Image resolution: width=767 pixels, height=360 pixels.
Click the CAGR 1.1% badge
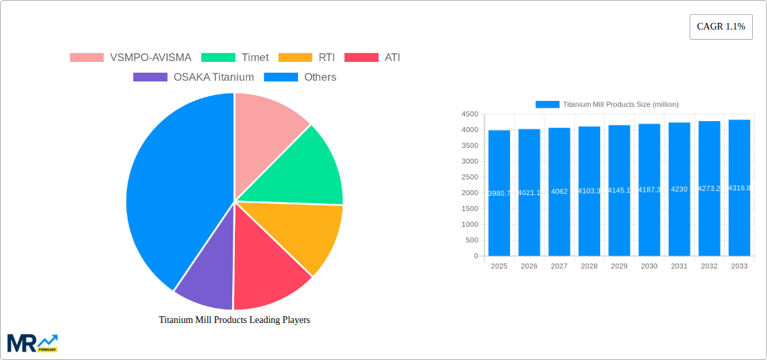pos(721,27)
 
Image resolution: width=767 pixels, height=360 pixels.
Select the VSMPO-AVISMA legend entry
pos(131,58)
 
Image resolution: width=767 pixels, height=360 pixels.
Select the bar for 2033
pos(739,188)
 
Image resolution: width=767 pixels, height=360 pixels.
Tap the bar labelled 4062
pos(559,192)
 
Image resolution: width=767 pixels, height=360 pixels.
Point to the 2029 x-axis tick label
pos(619,266)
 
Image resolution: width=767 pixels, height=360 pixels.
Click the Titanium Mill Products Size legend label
pos(620,104)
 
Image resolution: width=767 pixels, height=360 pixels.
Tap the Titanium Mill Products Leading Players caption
pos(234,320)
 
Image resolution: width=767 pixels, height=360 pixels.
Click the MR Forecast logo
pos(32,343)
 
